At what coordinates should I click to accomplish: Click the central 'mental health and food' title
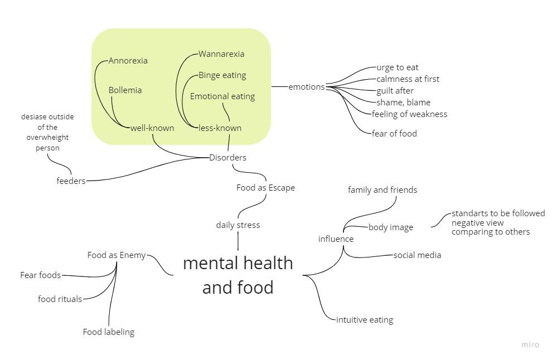(x=238, y=275)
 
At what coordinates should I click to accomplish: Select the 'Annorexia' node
(x=128, y=61)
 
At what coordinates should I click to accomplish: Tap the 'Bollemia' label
(x=125, y=90)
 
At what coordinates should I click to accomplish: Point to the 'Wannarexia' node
(x=221, y=54)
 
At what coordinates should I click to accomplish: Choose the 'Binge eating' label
(x=222, y=75)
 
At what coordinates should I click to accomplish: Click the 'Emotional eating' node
(x=222, y=96)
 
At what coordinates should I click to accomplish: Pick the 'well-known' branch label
(x=152, y=128)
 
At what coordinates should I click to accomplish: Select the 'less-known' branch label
(x=220, y=128)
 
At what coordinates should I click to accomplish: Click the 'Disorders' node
(x=227, y=158)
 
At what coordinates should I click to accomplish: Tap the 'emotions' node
(x=306, y=87)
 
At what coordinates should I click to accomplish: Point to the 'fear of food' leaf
(x=394, y=134)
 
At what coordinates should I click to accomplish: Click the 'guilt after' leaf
(x=395, y=91)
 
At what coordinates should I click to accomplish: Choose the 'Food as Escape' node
(x=265, y=188)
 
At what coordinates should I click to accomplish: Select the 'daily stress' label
(x=238, y=225)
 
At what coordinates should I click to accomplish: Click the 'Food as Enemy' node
(x=117, y=255)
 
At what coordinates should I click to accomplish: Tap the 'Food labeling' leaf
(x=109, y=332)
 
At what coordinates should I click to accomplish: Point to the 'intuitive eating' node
(x=365, y=320)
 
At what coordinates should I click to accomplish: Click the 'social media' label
(x=417, y=255)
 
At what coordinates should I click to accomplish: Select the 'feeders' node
(x=71, y=181)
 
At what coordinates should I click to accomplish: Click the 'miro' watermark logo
(x=530, y=344)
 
